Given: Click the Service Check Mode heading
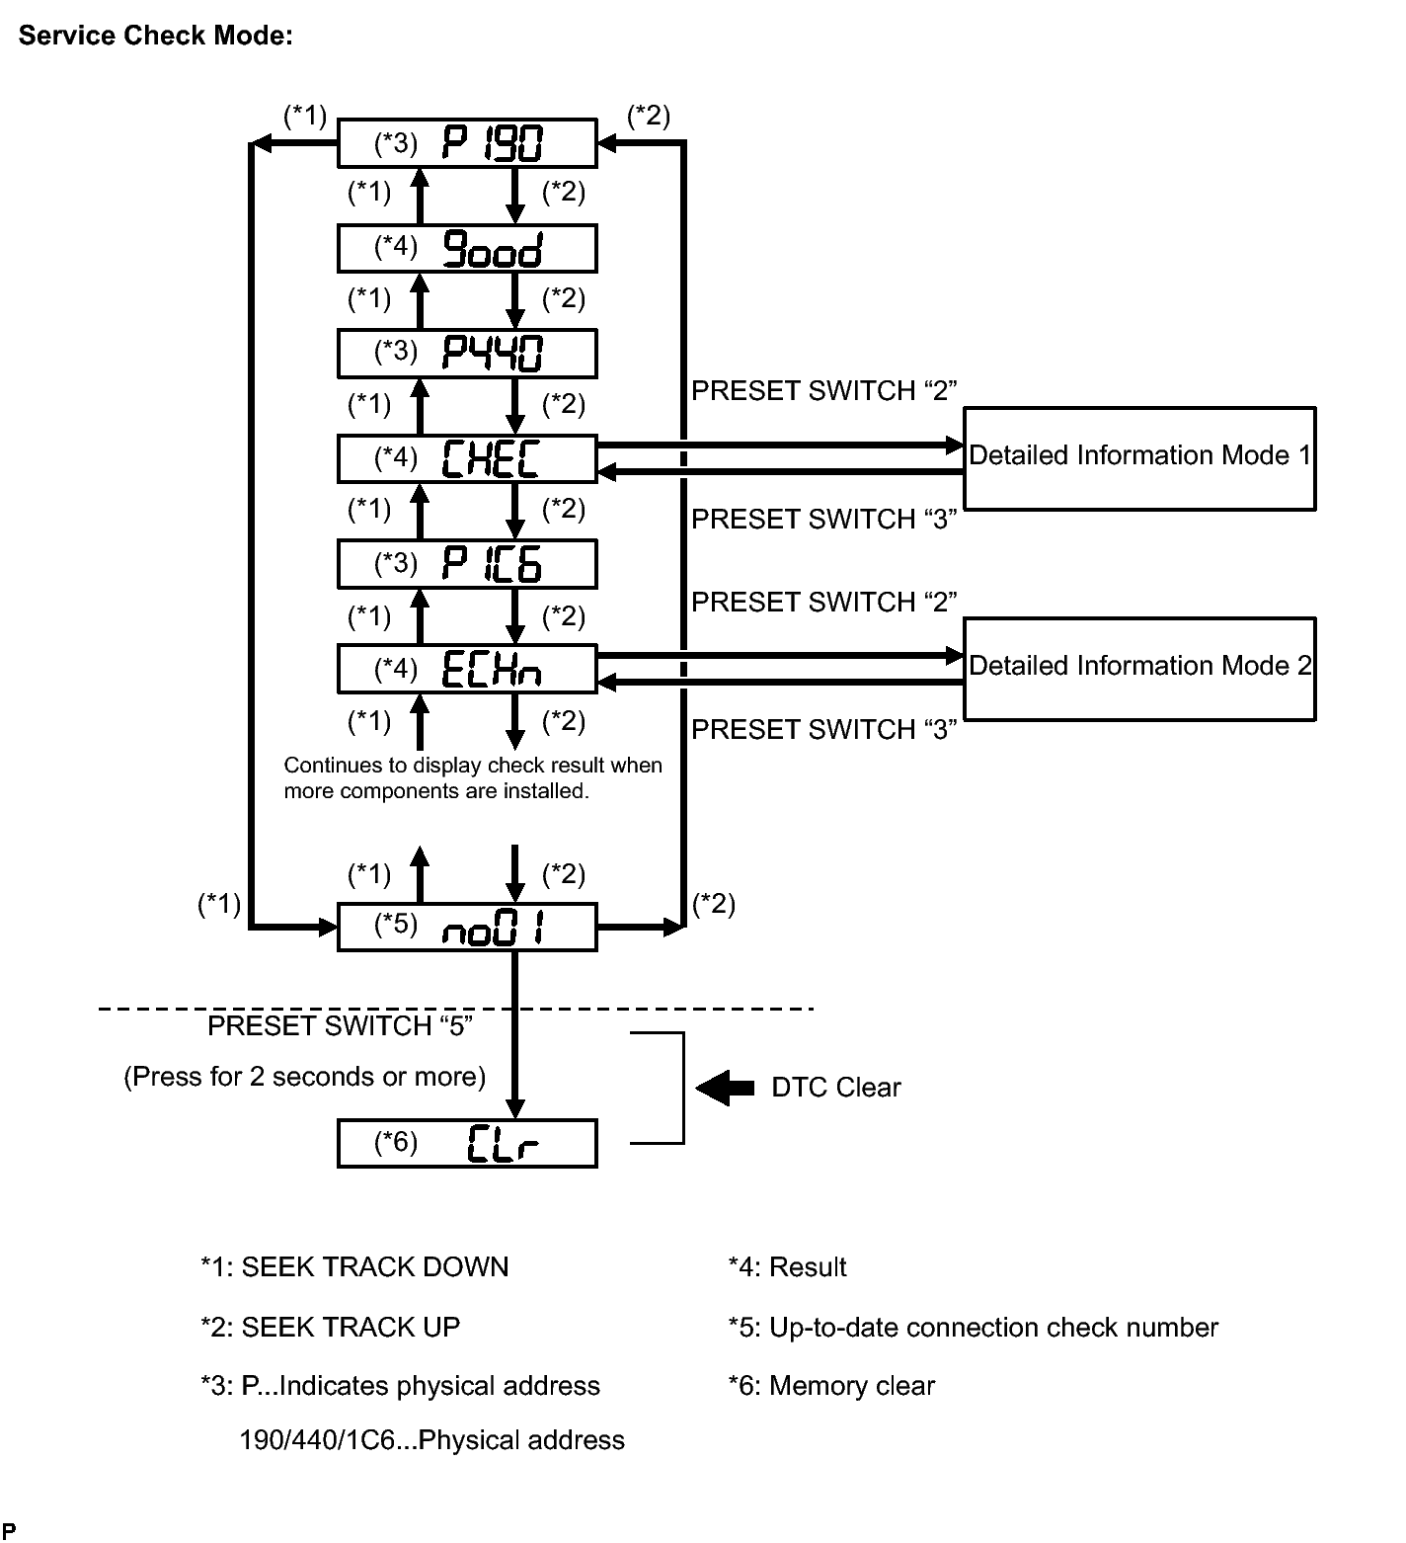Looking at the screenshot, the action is [155, 36].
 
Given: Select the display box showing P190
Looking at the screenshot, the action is [467, 143].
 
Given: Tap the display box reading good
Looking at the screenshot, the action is [467, 249].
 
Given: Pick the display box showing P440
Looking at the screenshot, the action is [467, 353].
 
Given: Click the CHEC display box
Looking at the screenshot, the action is [467, 458].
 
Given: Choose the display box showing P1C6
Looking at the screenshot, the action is [467, 564].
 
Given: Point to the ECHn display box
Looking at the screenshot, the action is [467, 670].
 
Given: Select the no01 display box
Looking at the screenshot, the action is [467, 927].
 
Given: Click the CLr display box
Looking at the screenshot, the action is [467, 1143].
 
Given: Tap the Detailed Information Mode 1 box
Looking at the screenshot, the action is [1139, 458].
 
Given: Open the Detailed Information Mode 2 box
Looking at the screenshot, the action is [1139, 669].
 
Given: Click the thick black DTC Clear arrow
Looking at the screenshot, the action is [725, 1088].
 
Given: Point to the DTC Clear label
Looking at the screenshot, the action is [836, 1088].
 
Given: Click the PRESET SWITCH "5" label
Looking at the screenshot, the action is [341, 1026].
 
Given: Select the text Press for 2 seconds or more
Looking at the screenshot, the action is [305, 1077].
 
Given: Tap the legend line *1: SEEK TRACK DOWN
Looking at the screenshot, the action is [354, 1267].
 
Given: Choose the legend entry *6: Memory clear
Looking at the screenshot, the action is [831, 1386].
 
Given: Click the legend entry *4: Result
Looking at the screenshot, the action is [787, 1267].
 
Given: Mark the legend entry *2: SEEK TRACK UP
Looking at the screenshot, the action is [330, 1327].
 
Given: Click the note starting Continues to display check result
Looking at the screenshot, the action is [473, 778].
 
